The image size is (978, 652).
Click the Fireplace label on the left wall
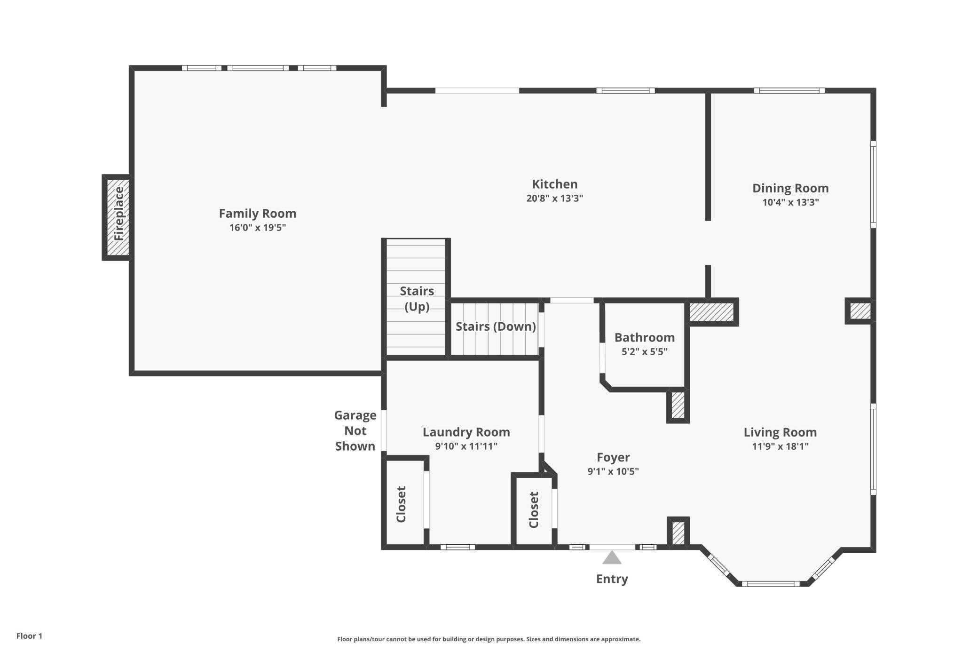point(118,214)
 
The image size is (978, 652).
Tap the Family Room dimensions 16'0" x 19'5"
point(257,228)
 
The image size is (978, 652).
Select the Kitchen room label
point(554,184)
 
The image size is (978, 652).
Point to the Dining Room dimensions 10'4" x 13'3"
point(790,202)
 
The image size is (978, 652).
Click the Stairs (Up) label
point(417,298)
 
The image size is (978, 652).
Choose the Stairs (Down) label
point(496,326)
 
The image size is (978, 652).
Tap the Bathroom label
point(644,337)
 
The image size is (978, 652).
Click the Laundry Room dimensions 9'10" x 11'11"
point(466,446)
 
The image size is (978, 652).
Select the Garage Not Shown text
point(355,430)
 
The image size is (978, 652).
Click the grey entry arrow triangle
point(612,558)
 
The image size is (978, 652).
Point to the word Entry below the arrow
point(612,579)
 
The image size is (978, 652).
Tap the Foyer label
point(613,457)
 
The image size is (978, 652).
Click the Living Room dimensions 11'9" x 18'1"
point(780,446)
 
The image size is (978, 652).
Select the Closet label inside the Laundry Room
point(401,504)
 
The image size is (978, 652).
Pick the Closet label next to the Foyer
point(534,510)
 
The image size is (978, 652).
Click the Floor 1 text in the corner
point(29,636)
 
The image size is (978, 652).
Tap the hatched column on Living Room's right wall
point(860,311)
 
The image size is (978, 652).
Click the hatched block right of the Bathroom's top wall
point(711,312)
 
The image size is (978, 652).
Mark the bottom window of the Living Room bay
point(770,584)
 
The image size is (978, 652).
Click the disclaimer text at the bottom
point(489,639)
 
